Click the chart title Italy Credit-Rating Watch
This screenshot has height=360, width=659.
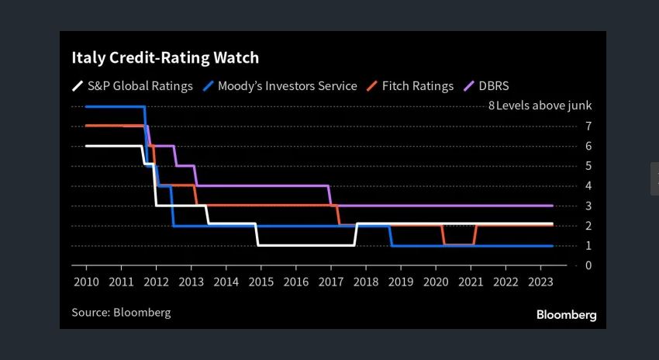pos(165,58)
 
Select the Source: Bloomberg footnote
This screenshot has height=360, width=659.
pos(121,313)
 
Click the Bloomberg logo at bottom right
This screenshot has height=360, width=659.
pos(566,315)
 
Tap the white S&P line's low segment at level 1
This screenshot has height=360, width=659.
pos(305,245)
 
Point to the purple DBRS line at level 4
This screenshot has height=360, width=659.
pos(264,185)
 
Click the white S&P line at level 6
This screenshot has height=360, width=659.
pos(113,146)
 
